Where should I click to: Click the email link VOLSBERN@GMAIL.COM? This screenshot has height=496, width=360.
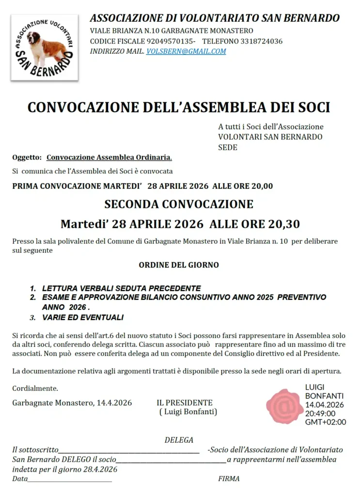[x=186, y=51]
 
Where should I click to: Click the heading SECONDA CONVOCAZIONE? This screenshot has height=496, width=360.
[x=179, y=204]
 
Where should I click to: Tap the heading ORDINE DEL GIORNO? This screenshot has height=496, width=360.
[x=179, y=265]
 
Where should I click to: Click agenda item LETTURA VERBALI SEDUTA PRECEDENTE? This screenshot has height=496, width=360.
[x=121, y=288]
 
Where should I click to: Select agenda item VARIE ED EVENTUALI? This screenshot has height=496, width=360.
[x=82, y=318]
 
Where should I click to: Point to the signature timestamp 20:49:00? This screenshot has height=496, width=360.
[x=320, y=413]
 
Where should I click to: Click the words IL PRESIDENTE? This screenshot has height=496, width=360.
[x=185, y=403]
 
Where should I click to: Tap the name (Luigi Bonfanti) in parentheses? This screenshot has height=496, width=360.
[x=188, y=412]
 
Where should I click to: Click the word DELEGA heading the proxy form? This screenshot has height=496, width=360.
[x=179, y=440]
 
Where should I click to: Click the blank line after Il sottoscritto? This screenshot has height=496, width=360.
[x=129, y=450]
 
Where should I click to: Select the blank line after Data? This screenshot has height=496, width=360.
[x=70, y=479]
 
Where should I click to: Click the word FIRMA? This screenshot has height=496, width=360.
[x=229, y=479]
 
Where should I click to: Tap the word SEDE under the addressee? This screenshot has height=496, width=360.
[x=228, y=147]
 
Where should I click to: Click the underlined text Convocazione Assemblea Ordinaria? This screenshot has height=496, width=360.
[x=109, y=157]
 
